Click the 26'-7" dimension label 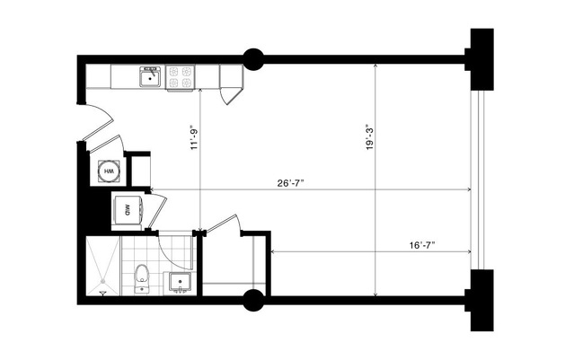(x=291, y=183)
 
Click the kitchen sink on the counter (x=149, y=78)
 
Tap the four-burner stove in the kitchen (x=181, y=77)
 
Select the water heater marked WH (x=108, y=170)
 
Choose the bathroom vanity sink (x=179, y=283)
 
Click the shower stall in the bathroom (x=102, y=266)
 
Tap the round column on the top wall (x=253, y=59)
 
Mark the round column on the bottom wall (x=253, y=300)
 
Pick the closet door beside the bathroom (x=224, y=227)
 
